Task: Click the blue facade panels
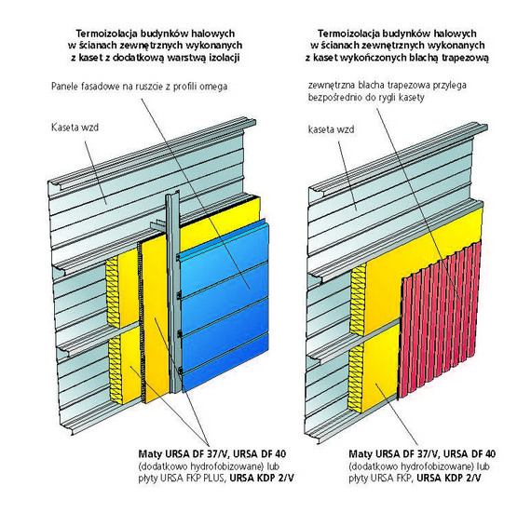tap(225, 304)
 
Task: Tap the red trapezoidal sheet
tap(441, 321)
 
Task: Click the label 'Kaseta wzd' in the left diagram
tap(75, 128)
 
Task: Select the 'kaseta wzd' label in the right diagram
tap(332, 129)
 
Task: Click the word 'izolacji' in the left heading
tap(226, 58)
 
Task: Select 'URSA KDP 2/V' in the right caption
tap(449, 479)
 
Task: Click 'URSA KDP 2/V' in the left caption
tap(262, 479)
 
